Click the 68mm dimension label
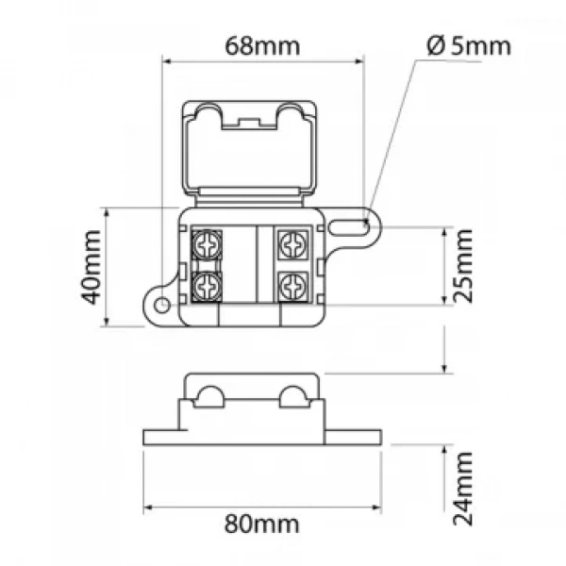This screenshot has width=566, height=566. pos(262,46)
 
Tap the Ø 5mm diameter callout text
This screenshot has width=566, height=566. pos(469,46)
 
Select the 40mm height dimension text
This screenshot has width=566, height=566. pos(91,267)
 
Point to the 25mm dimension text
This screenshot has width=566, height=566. pos(462,266)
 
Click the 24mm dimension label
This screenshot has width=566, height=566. pos(462,489)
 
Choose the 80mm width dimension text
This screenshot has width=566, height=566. pos(262,524)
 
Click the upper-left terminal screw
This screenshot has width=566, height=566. pos(207,244)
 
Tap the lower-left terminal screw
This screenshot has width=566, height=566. pos(207,287)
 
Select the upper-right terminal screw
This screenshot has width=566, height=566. pos(293,244)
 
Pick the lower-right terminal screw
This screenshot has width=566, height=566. pos(293,287)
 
